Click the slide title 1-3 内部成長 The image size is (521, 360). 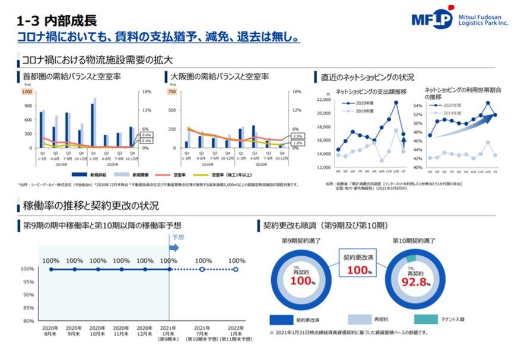(x=57, y=22)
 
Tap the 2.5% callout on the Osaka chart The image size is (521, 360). (x=297, y=136)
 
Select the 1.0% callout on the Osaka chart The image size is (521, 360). (x=297, y=143)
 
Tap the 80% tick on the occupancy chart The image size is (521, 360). (x=28, y=321)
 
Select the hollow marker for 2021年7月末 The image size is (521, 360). (x=203, y=269)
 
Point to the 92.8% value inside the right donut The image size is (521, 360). (x=414, y=281)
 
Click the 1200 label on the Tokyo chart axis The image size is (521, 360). (x=27, y=92)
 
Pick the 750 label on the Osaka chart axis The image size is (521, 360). (x=172, y=92)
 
